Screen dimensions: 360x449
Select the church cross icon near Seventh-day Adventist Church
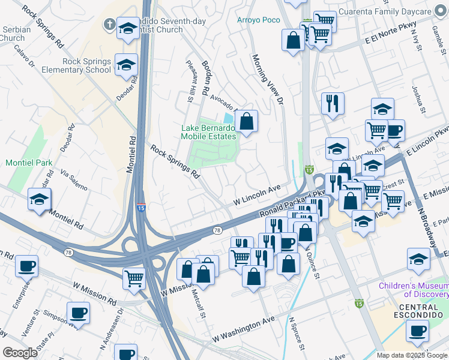click(109, 23)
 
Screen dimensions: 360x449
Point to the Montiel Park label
click(28, 163)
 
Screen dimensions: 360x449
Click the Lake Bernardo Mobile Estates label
click(208, 132)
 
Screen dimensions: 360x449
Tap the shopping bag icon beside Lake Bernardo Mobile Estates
click(246, 121)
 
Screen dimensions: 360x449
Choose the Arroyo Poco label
click(258, 20)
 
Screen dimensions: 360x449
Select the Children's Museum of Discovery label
click(413, 290)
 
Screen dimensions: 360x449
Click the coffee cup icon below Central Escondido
click(418, 329)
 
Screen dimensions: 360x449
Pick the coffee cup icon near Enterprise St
click(26, 266)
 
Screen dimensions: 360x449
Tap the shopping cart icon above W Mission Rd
click(133, 278)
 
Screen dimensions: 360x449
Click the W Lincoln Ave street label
click(257, 193)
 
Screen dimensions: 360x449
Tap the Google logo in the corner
click(20, 353)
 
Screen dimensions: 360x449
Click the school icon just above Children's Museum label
click(418, 259)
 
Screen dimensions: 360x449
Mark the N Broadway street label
click(427, 229)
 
